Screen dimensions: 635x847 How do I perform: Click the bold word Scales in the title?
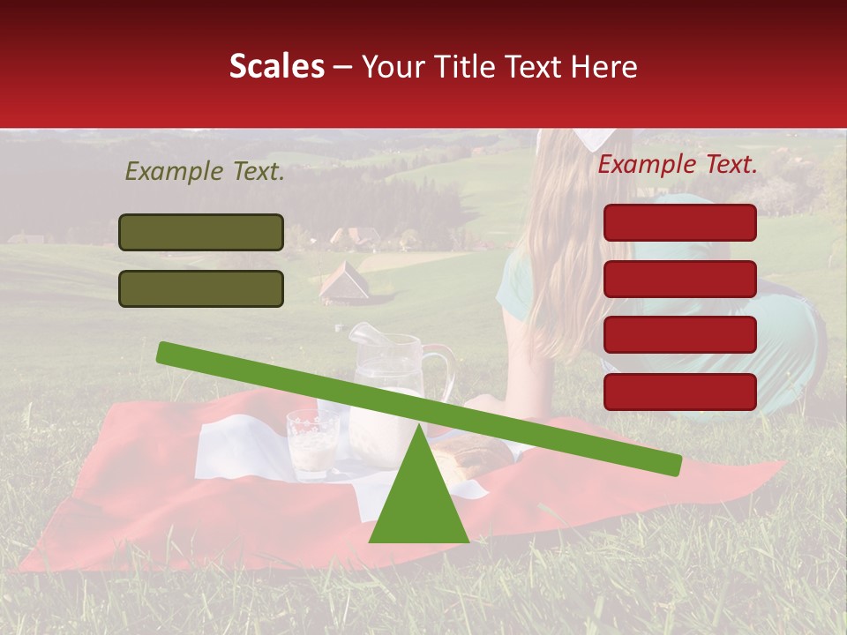[x=276, y=67]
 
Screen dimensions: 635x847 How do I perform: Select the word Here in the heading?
[x=604, y=67]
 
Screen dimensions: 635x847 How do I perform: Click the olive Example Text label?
[x=205, y=172]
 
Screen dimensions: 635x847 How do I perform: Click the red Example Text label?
[x=678, y=164]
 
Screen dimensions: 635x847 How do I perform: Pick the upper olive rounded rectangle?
[x=201, y=232]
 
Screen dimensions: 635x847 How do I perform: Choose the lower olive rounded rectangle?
[x=201, y=288]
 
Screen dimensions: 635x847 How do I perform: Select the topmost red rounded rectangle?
[x=679, y=222]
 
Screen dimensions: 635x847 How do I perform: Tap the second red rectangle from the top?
[x=679, y=279]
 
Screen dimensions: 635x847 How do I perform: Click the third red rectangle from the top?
[x=679, y=335]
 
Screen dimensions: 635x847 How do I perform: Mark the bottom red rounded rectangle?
[x=679, y=392]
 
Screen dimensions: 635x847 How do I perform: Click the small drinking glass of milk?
[x=312, y=444]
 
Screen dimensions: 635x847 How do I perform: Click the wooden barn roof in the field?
[x=344, y=281]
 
